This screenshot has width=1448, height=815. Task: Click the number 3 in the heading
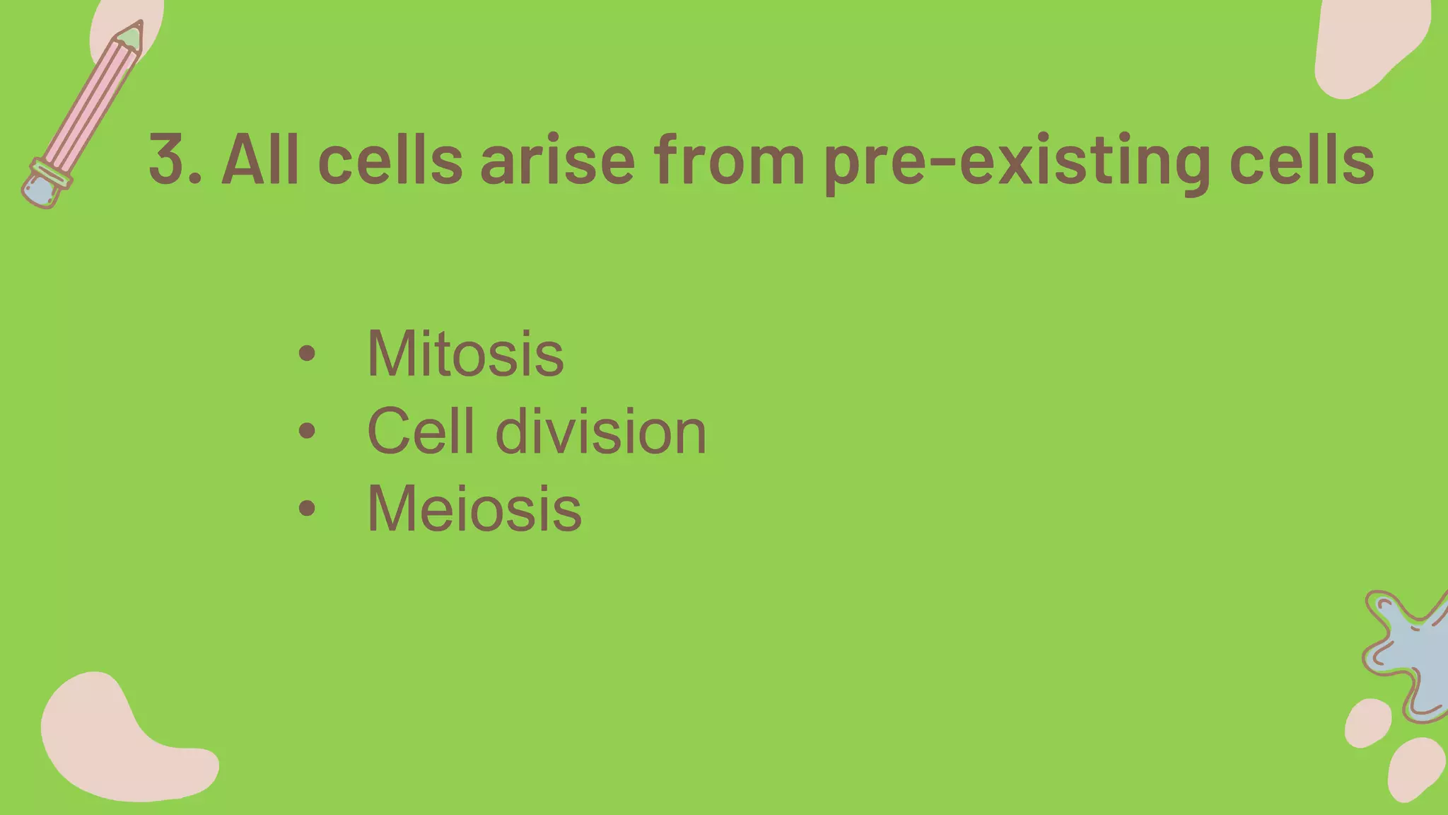pos(168,160)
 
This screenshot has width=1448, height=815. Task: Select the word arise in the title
pos(558,160)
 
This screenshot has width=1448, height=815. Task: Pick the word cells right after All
pos(390,160)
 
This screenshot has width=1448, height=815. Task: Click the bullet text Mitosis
pos(465,353)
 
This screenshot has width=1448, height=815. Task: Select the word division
pos(600,431)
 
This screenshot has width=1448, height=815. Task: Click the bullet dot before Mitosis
pos(306,353)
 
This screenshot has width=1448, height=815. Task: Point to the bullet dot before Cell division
pos(306,431)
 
